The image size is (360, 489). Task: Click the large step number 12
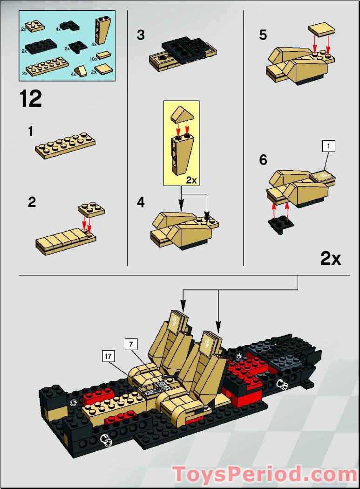pyautogui.click(x=31, y=99)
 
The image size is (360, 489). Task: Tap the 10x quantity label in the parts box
pyautogui.click(x=93, y=59)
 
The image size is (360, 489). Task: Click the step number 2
pyautogui.click(x=32, y=203)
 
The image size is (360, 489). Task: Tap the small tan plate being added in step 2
pyautogui.click(x=91, y=209)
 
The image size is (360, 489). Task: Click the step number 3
pyautogui.click(x=141, y=35)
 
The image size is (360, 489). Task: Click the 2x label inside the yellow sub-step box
pyautogui.click(x=191, y=180)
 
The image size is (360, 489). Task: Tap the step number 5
pyautogui.click(x=263, y=35)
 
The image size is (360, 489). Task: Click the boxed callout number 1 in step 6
pyautogui.click(x=328, y=146)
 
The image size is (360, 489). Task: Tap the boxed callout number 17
pyautogui.click(x=108, y=356)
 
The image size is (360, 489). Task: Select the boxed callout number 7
pyautogui.click(x=131, y=344)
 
